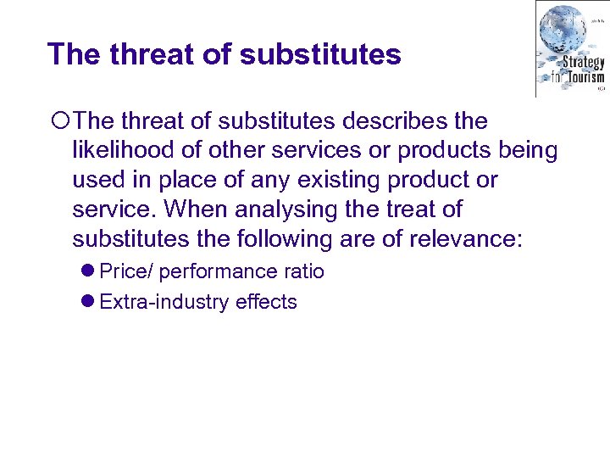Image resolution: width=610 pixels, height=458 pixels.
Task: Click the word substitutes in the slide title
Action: click(x=320, y=54)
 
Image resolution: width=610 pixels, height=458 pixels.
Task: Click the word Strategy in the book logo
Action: click(x=582, y=62)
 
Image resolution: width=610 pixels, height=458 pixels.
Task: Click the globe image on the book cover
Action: click(x=563, y=30)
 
